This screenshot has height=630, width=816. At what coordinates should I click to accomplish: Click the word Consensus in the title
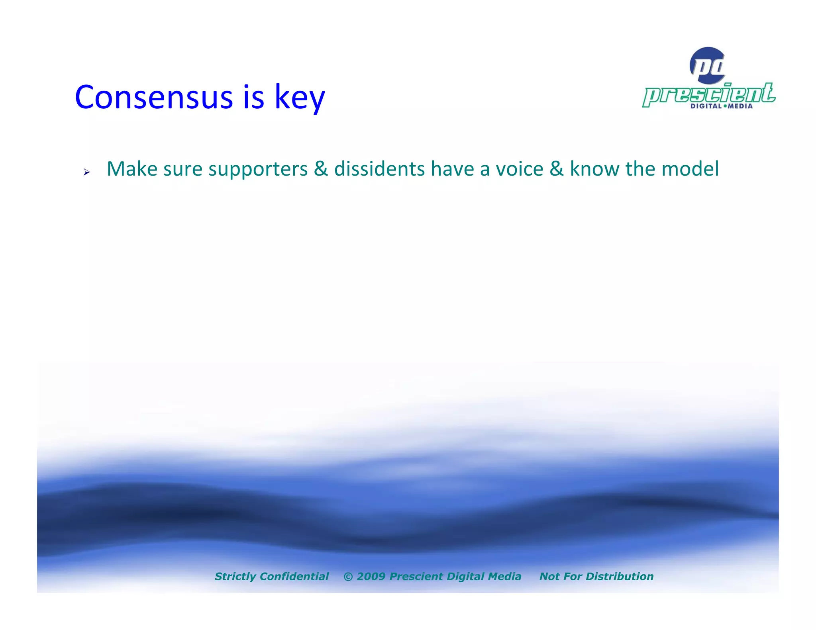tap(153, 97)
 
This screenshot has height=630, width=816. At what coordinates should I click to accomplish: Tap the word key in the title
tap(300, 98)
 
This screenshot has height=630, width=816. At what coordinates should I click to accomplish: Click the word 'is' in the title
tap(253, 97)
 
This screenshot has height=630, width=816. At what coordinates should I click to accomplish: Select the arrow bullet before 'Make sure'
tap(86, 172)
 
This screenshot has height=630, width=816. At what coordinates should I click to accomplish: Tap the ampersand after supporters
tap(321, 169)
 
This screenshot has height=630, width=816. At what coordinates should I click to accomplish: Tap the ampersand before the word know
tap(557, 169)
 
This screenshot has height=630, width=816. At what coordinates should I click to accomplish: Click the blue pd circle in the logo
tap(708, 65)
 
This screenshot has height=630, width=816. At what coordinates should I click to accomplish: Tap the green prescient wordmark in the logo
tap(708, 94)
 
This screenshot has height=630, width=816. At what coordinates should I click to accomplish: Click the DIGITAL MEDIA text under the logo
tap(721, 106)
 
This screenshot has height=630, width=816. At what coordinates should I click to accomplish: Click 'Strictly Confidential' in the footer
tap(271, 576)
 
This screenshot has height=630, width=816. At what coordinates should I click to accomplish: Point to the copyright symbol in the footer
tap(348, 577)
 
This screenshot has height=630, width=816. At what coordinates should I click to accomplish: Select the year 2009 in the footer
tap(371, 576)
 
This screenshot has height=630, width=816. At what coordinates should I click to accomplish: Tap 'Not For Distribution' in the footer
tap(596, 576)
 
